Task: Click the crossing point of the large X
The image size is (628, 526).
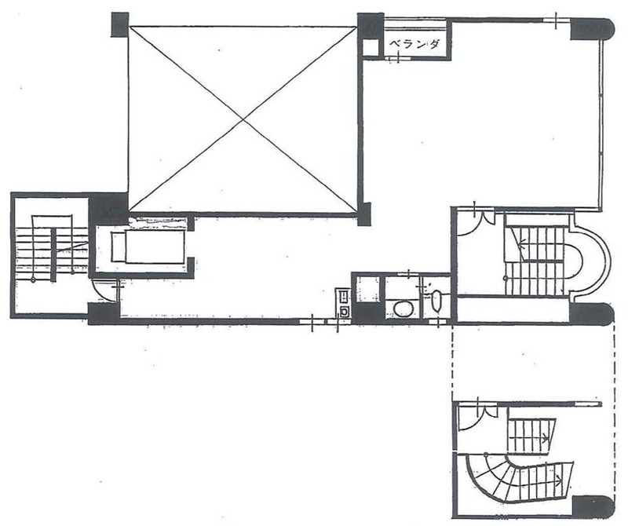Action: [243, 119]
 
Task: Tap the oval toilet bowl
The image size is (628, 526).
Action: [403, 308]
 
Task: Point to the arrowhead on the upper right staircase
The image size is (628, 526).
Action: [522, 242]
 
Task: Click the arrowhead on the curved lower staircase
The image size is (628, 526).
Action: [558, 479]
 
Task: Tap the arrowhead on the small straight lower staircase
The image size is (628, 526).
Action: [546, 438]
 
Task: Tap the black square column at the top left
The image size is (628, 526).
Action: [120, 24]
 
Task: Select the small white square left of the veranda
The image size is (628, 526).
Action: [370, 48]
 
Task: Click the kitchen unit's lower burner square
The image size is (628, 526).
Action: [344, 311]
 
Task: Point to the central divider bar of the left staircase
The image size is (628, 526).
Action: [53, 255]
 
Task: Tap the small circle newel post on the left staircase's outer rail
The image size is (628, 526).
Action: [33, 280]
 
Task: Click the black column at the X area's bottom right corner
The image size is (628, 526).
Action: [364, 214]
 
